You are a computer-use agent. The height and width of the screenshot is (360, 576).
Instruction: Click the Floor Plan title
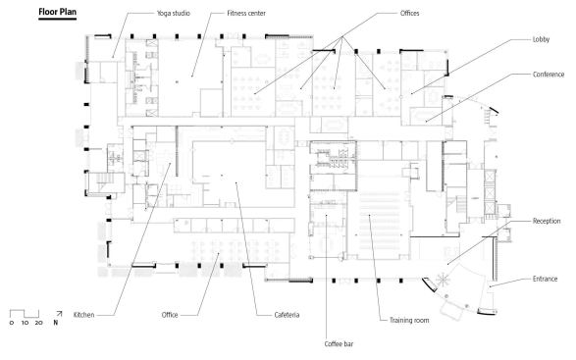pos(57,12)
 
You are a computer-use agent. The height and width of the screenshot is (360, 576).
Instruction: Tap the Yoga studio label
pos(174,13)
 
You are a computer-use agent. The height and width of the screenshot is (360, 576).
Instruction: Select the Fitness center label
pos(246,13)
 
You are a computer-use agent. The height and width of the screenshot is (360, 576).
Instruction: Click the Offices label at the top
pos(409,13)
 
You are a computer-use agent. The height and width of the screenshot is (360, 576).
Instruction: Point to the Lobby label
pos(541,39)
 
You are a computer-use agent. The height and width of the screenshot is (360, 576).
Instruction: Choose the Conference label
pos(549,75)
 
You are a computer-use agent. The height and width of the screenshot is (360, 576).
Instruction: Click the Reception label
pos(547,221)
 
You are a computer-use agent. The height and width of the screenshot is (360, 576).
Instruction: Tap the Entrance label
pos(546,279)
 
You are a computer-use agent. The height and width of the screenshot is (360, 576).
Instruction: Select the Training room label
pos(409,321)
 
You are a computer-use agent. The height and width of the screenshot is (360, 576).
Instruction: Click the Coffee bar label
pos(339,344)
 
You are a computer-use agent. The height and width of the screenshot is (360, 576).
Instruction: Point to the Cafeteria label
pos(287,315)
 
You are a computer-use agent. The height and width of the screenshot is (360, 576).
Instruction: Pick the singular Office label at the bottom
pos(170,315)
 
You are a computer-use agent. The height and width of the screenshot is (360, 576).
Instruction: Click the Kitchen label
pos(83,315)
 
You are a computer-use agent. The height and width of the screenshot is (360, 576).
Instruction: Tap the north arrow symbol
pos(59,314)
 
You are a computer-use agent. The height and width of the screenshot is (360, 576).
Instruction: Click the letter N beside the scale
pos(56,323)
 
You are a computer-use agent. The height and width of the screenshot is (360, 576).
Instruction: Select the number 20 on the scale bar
pos(38,323)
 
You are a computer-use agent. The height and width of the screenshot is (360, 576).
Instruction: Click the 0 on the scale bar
pos(12,323)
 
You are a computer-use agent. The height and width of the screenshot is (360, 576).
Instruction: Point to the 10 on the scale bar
pos(25,323)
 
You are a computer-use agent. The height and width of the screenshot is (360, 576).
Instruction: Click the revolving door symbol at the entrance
pos(443,280)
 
